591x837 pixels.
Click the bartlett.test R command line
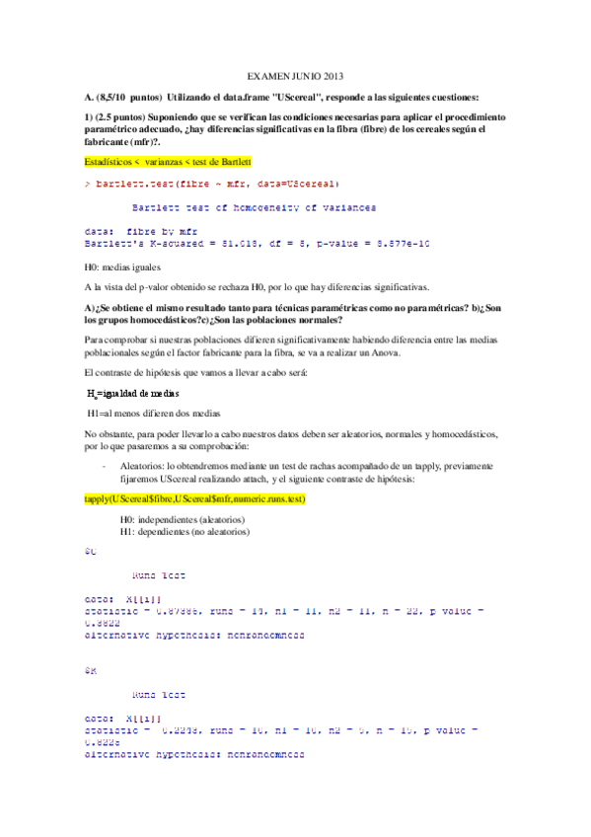[x=212, y=184]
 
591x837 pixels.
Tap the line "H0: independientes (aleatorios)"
[x=183, y=520]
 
